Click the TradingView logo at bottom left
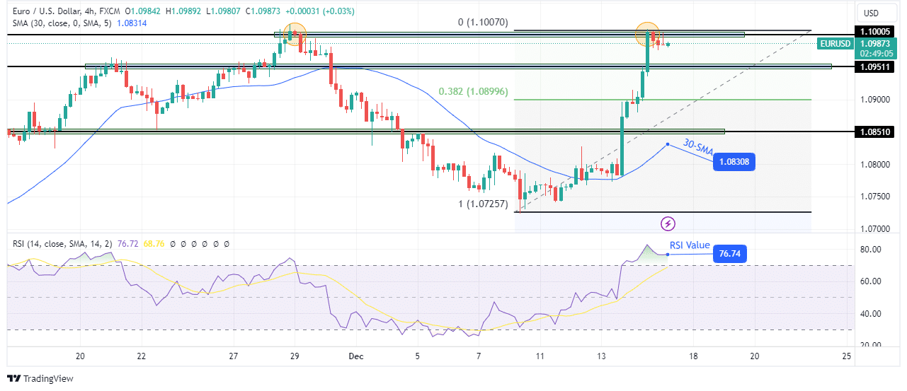pos(40,378)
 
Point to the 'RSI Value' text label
pos(690,245)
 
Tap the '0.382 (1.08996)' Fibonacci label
pos(473,92)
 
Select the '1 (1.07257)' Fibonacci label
pos(482,204)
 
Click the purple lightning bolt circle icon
pos(668,224)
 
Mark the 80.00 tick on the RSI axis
pos(869,250)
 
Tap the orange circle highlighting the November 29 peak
pos(295,33)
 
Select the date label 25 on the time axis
pos(846,356)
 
